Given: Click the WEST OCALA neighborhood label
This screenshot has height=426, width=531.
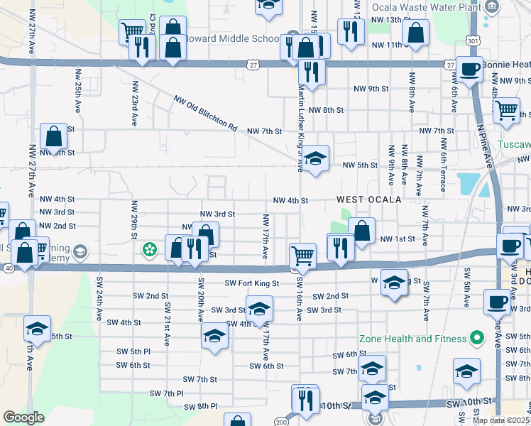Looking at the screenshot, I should (368, 200).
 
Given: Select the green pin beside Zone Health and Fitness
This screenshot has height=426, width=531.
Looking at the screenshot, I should (477, 338).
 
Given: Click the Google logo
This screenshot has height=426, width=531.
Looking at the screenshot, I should (23, 417).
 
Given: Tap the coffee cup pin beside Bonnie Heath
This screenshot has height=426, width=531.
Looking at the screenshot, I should (469, 70).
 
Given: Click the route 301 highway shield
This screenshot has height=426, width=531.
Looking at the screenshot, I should (473, 41).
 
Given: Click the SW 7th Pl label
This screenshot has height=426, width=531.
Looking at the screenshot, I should (167, 393).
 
